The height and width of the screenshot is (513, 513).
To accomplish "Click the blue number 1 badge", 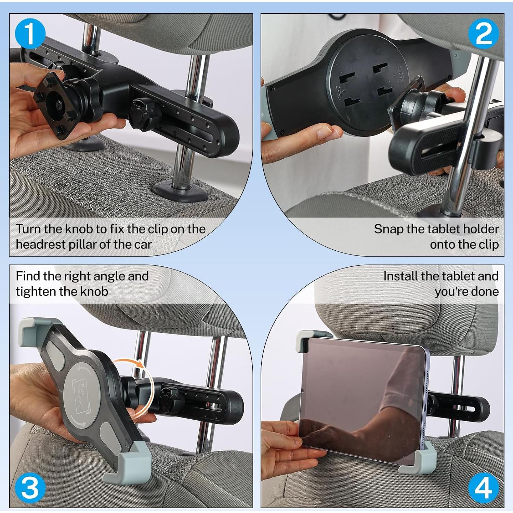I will (30, 34).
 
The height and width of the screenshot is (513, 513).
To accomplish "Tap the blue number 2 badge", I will (483, 34).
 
